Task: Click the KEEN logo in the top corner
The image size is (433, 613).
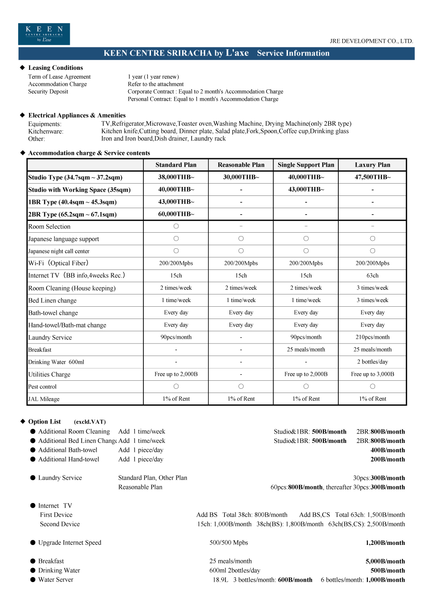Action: pyautogui.click(x=44, y=34)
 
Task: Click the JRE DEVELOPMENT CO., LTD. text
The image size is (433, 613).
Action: pyautogui.click(x=371, y=41)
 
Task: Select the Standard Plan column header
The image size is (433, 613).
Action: pyautogui.click(x=176, y=165)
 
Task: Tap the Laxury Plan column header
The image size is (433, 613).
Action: pyautogui.click(x=373, y=165)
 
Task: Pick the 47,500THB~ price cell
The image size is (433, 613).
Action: pyautogui.click(x=373, y=177)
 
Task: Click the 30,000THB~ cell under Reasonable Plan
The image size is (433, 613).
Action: pyautogui.click(x=241, y=177)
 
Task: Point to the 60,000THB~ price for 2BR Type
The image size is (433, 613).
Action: pyautogui.click(x=176, y=214)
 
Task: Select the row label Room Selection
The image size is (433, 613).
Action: pyautogui.click(x=49, y=227)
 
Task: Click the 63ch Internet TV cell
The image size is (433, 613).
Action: pyautogui.click(x=373, y=275)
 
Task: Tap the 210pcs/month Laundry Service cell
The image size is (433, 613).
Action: pyautogui.click(x=373, y=337)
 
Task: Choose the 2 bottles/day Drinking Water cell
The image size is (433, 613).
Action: pyautogui.click(x=373, y=362)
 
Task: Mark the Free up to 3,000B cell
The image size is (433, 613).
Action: pyautogui.click(x=373, y=374)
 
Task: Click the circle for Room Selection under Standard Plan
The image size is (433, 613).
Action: pyautogui.click(x=176, y=226)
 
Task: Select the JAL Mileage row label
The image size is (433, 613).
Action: pyautogui.click(x=44, y=399)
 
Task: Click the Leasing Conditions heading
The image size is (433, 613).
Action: pyautogui.click(x=55, y=68)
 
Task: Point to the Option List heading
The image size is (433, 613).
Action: pyautogui.click(x=44, y=422)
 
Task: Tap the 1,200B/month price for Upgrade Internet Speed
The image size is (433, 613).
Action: pyautogui.click(x=385, y=543)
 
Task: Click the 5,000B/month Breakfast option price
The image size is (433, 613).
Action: pyautogui.click(x=385, y=561)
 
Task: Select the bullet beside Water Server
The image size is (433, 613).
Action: pyautogui.click(x=33, y=580)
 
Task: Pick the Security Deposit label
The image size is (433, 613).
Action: pyautogui.click(x=48, y=92)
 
